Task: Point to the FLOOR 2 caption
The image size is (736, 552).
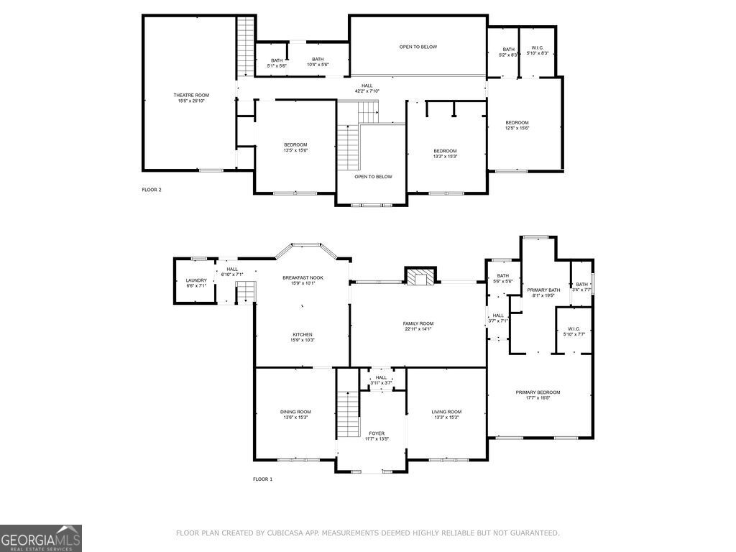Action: point(152,190)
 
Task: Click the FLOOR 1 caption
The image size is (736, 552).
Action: point(262,479)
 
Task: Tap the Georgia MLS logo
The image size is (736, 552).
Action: point(41,538)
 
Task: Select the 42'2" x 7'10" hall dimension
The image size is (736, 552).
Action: point(367,91)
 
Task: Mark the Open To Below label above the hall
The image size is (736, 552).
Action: point(418,47)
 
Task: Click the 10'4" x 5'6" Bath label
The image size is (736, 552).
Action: point(318,63)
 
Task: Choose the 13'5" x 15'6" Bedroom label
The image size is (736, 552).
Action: point(295,147)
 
